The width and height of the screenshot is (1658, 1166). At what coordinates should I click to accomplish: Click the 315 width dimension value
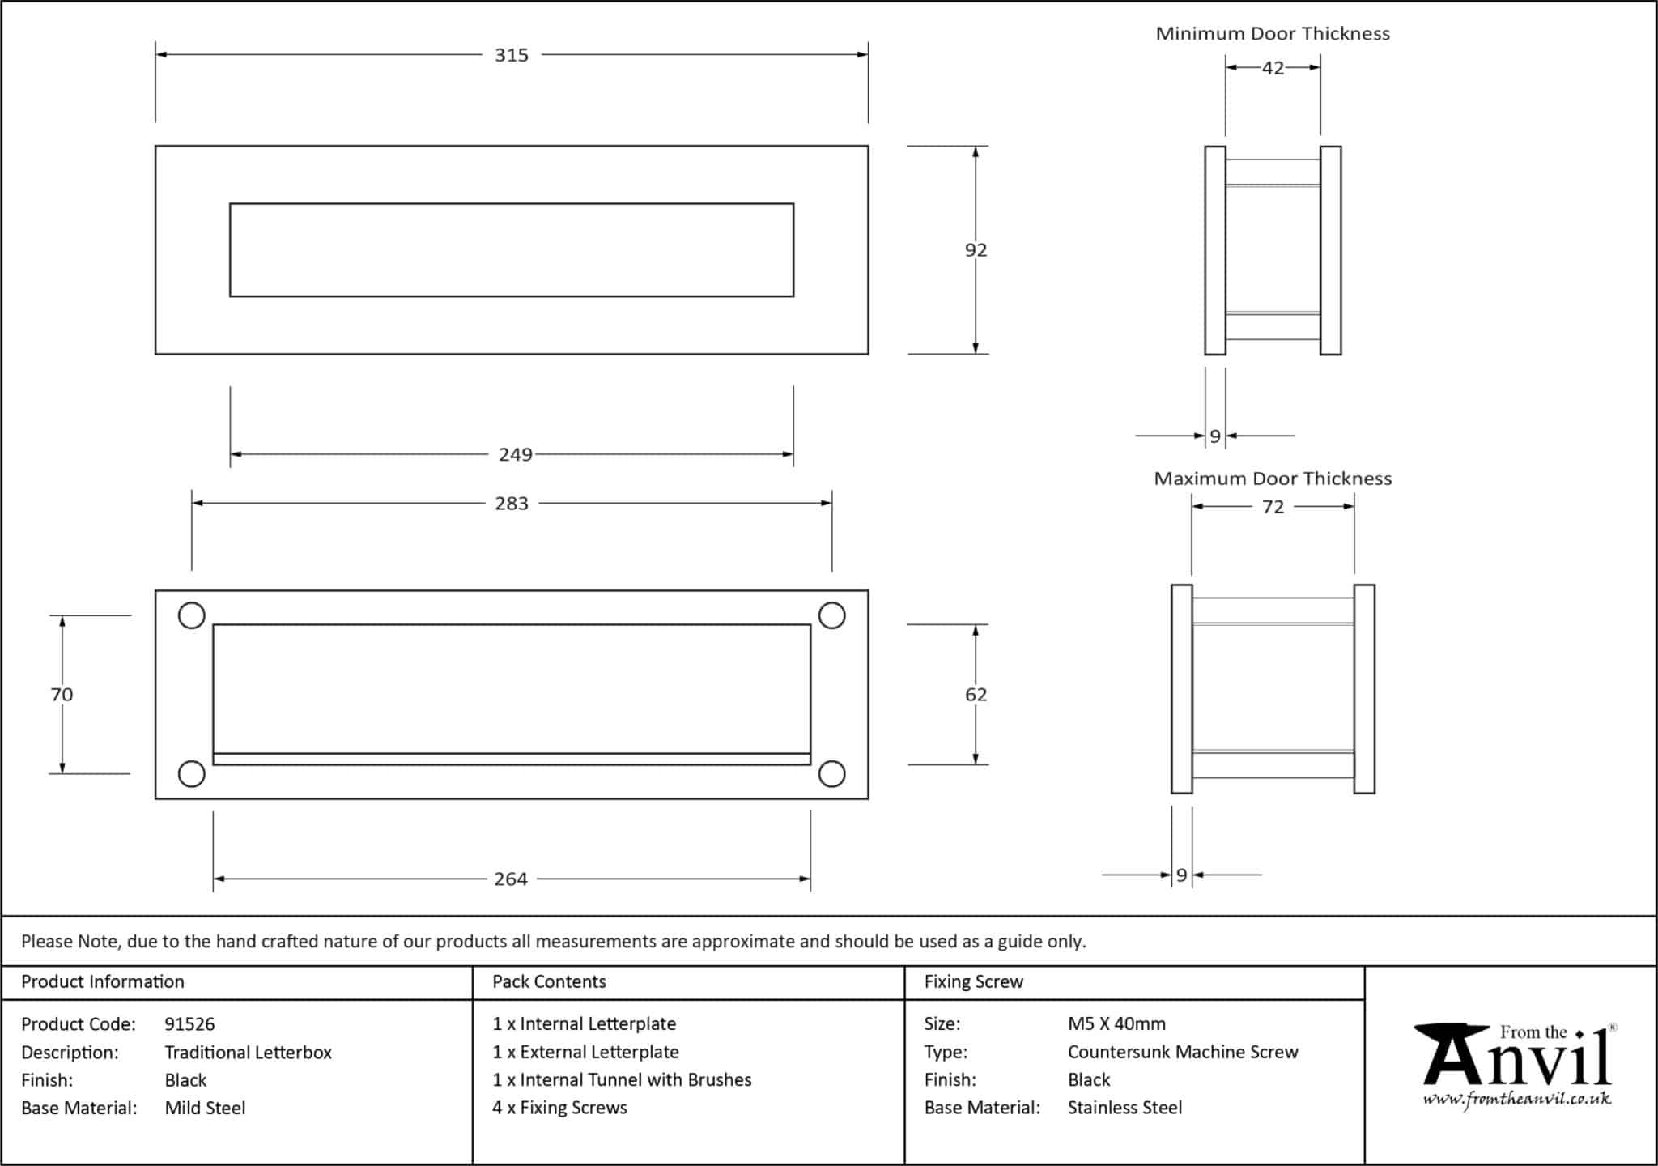511,55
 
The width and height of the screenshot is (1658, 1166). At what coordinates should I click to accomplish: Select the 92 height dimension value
976,250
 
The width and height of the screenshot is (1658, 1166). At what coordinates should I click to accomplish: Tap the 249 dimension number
515,455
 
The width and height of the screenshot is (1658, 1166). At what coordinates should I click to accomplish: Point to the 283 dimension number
511,504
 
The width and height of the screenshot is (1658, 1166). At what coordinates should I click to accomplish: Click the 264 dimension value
510,879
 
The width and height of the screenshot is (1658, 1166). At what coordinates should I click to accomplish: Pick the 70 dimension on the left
62,695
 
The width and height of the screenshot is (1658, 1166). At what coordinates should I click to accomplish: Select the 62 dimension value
976,695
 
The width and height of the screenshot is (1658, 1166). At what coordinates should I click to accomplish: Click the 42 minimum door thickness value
1273,68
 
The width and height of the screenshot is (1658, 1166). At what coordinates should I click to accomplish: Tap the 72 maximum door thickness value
1273,507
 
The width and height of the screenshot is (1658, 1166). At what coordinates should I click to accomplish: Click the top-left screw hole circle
191,615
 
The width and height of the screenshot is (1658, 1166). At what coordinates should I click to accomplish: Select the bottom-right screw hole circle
831,774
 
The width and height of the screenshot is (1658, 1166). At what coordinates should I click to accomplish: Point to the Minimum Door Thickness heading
1272,34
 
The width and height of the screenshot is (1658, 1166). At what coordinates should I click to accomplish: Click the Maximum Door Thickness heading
1272,479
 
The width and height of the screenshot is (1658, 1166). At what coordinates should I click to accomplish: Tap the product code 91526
189,1024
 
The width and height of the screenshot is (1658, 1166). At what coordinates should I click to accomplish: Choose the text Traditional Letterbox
248,1053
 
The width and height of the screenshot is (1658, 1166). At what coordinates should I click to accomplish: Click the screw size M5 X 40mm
1116,1024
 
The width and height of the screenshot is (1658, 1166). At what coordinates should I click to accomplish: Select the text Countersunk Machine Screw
1182,1052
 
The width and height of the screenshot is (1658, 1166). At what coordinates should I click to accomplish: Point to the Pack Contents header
549,982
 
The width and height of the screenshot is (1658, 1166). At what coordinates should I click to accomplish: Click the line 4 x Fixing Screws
559,1108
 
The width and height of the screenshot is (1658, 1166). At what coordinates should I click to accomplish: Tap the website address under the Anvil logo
1516,1099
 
